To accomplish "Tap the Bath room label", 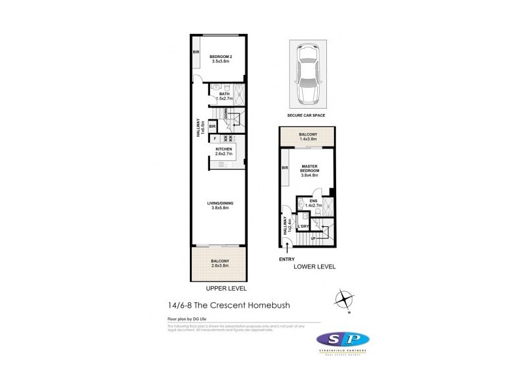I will pyautogui.click(x=224, y=96).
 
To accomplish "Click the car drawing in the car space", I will pyautogui.click(x=306, y=74).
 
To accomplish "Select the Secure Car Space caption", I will pyautogui.click(x=306, y=115).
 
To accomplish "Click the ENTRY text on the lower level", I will pyautogui.click(x=287, y=259).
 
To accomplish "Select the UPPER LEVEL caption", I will pyautogui.click(x=223, y=287).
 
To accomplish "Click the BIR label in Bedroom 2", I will pyautogui.click(x=195, y=52).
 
